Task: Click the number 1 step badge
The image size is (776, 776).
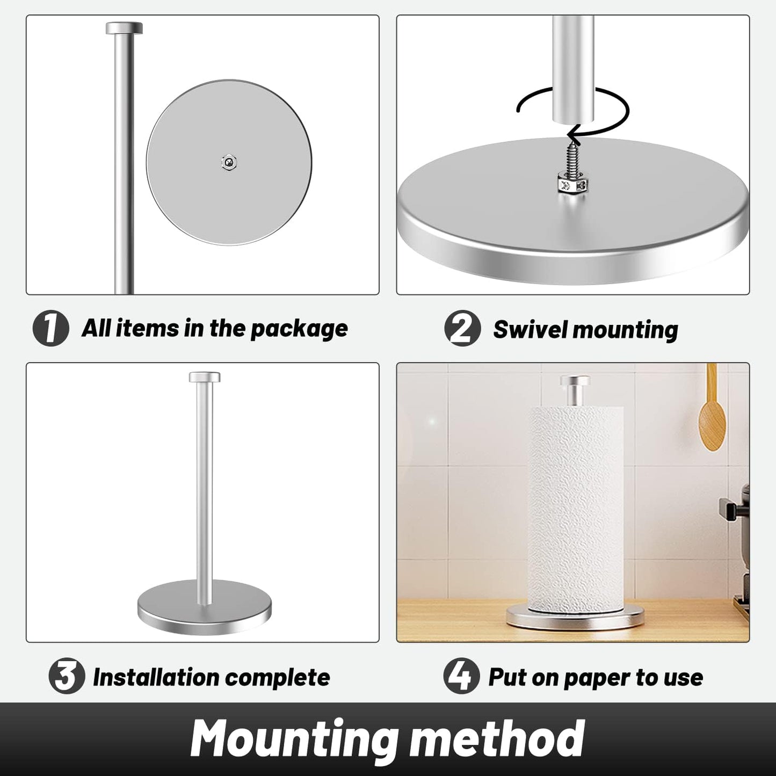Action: coord(50,328)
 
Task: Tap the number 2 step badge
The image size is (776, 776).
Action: coord(462,329)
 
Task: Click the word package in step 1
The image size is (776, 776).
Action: coord(299,329)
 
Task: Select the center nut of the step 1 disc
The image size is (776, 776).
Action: coord(229,162)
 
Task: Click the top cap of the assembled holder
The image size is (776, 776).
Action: coord(204,376)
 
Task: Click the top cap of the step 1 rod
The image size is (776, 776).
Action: coord(124,28)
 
